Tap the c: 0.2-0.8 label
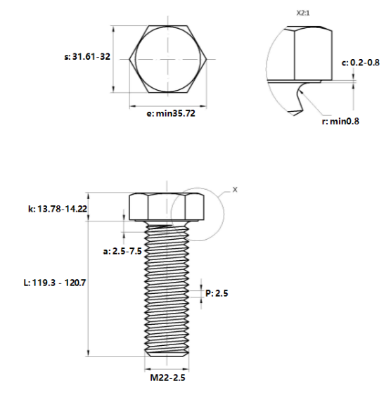361,63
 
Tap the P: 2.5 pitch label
217,293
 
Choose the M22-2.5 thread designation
167,378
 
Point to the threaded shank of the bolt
167,288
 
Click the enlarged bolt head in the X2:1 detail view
309,53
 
